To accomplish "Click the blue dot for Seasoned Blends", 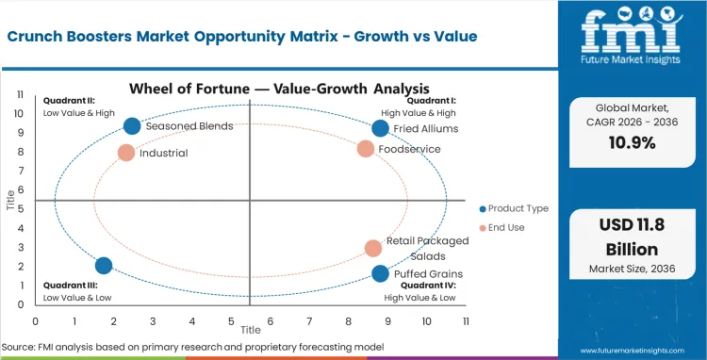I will (x=132, y=126).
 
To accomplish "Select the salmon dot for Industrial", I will (x=126, y=152).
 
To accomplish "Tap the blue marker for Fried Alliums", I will (x=380, y=128).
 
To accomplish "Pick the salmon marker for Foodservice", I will (x=366, y=148).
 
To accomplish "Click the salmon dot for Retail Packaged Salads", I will (x=373, y=248).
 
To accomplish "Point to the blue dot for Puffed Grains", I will (x=380, y=273).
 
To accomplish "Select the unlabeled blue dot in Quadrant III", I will (x=104, y=266).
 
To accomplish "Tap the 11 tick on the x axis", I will (x=467, y=321).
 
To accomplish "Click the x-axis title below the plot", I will (x=251, y=331).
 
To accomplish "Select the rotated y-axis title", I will (x=10, y=200).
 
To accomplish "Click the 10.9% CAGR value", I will (x=632, y=143).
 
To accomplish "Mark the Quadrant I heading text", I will (x=433, y=101).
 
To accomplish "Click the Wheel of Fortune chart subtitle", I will (x=251, y=90).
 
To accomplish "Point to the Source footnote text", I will (x=192, y=347).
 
